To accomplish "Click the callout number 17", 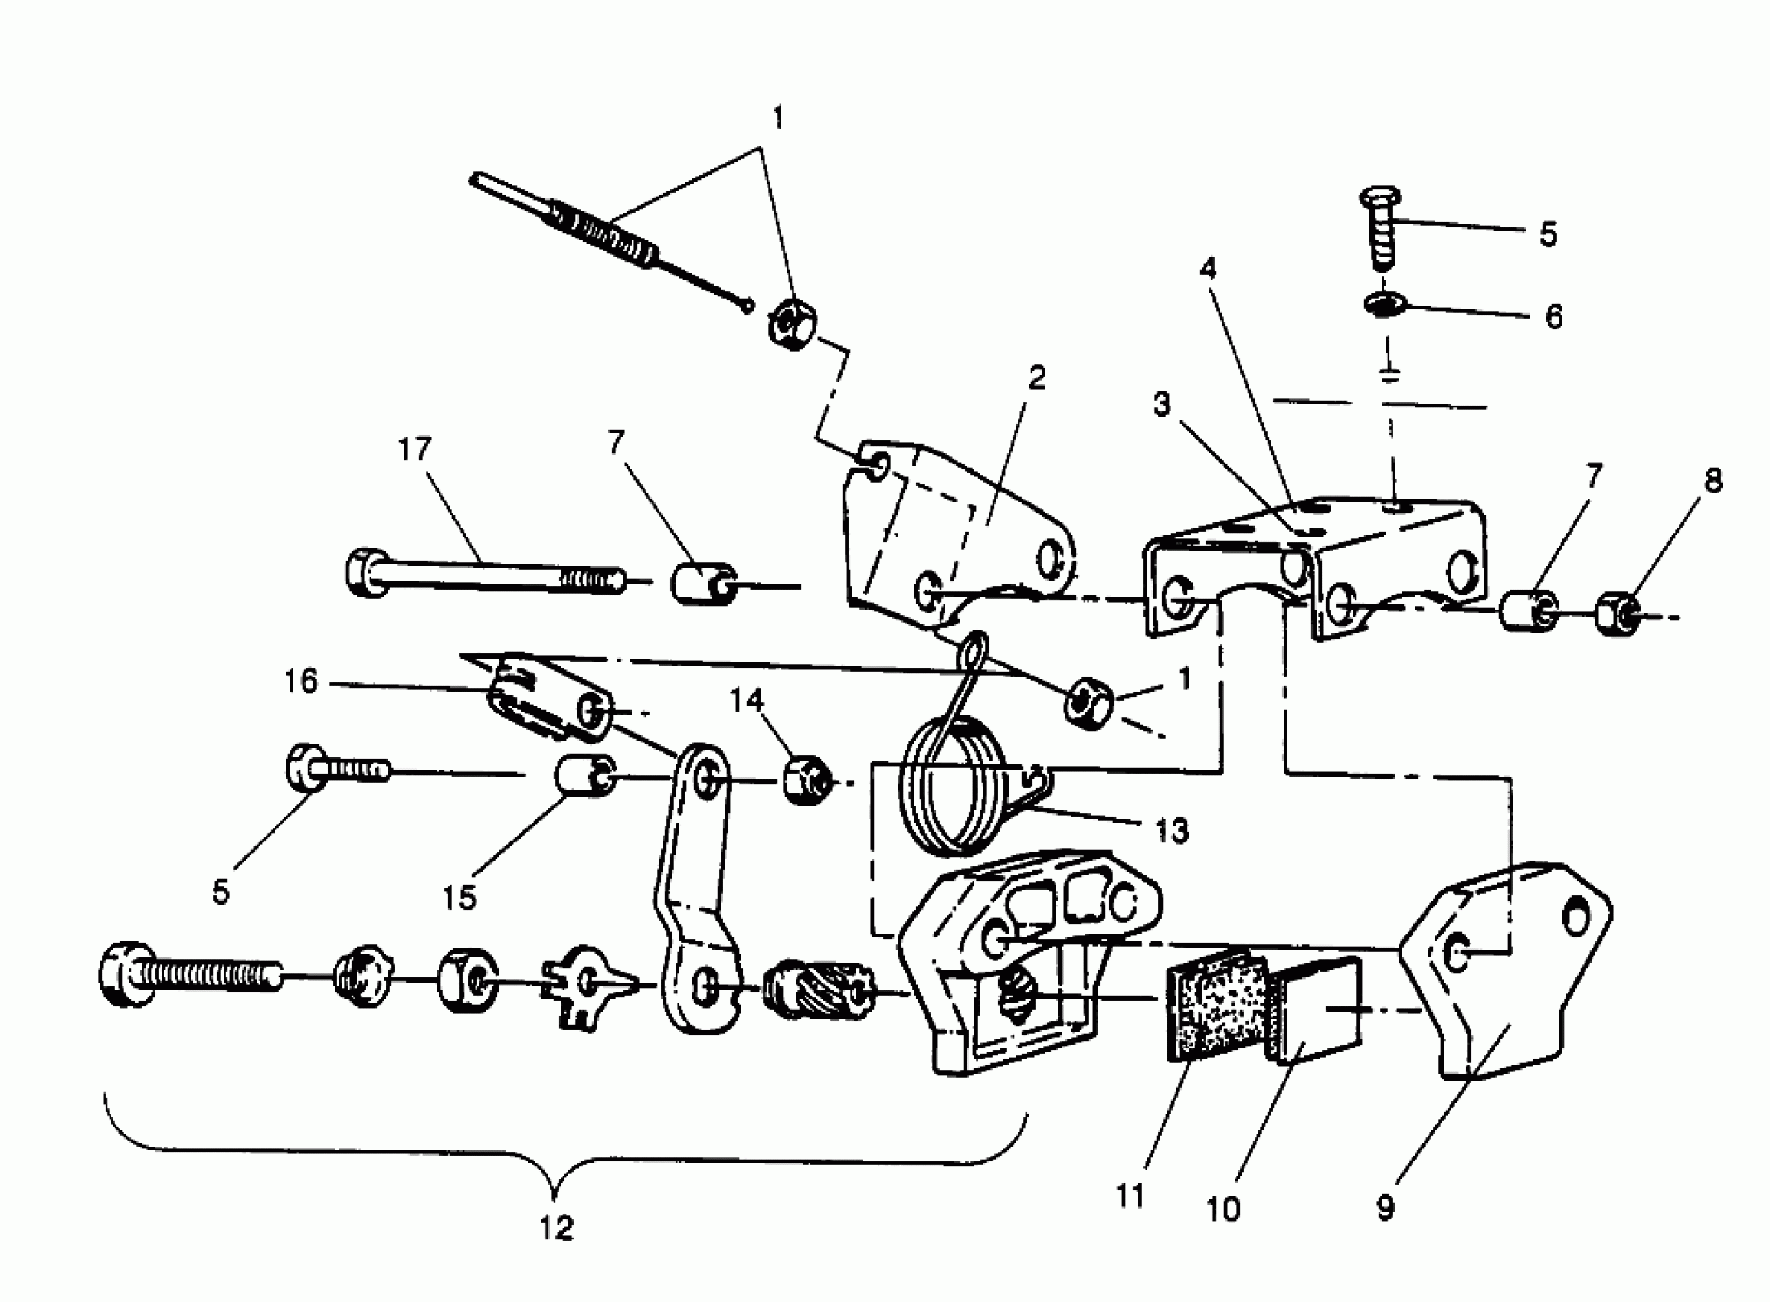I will point(414,450).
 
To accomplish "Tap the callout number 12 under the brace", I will point(556,1228).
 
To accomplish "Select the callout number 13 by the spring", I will point(1171,831).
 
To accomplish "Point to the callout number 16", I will point(300,681).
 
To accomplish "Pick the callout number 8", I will point(1713,480).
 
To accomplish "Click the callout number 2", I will point(1037,378).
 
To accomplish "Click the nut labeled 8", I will point(1617,615).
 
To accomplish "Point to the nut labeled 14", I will point(806,779).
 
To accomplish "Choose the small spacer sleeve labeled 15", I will point(584,777).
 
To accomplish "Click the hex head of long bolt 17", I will point(364,571).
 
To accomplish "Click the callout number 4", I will point(1208,270).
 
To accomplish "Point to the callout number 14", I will point(746,699).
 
